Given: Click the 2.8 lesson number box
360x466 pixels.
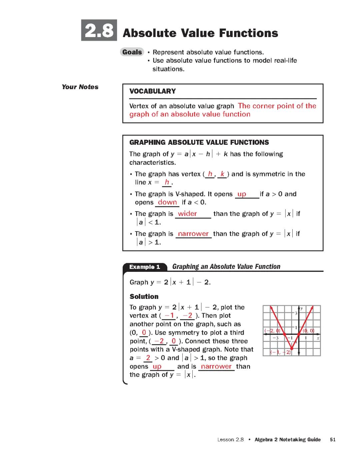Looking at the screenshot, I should coord(99,30).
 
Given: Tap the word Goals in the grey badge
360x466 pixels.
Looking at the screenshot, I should coord(132,52).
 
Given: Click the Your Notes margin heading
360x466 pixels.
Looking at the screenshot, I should coord(80,87).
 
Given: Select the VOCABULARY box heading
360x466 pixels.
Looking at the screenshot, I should coord(152,91).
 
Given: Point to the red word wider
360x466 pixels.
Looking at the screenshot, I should coord(187,214).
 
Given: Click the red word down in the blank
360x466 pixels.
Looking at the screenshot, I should coord(167,202).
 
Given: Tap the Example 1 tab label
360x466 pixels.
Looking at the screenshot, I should coord(145,267).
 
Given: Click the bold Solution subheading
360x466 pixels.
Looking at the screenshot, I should coord(144,297).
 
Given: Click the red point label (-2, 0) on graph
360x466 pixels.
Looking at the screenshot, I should coord(272,331).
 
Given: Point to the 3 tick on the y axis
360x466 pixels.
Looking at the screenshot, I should coord(296,313).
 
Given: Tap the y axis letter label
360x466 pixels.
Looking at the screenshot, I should coord(302,308).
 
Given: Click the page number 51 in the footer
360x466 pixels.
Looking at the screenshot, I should coord(332,440).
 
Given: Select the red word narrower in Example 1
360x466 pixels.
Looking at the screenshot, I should coord(216,366).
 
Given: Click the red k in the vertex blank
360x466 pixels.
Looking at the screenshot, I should coord(222,174).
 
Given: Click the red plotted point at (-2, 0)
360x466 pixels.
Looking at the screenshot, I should coord(284,334).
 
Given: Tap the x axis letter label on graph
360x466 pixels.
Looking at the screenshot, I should coord(318,338).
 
